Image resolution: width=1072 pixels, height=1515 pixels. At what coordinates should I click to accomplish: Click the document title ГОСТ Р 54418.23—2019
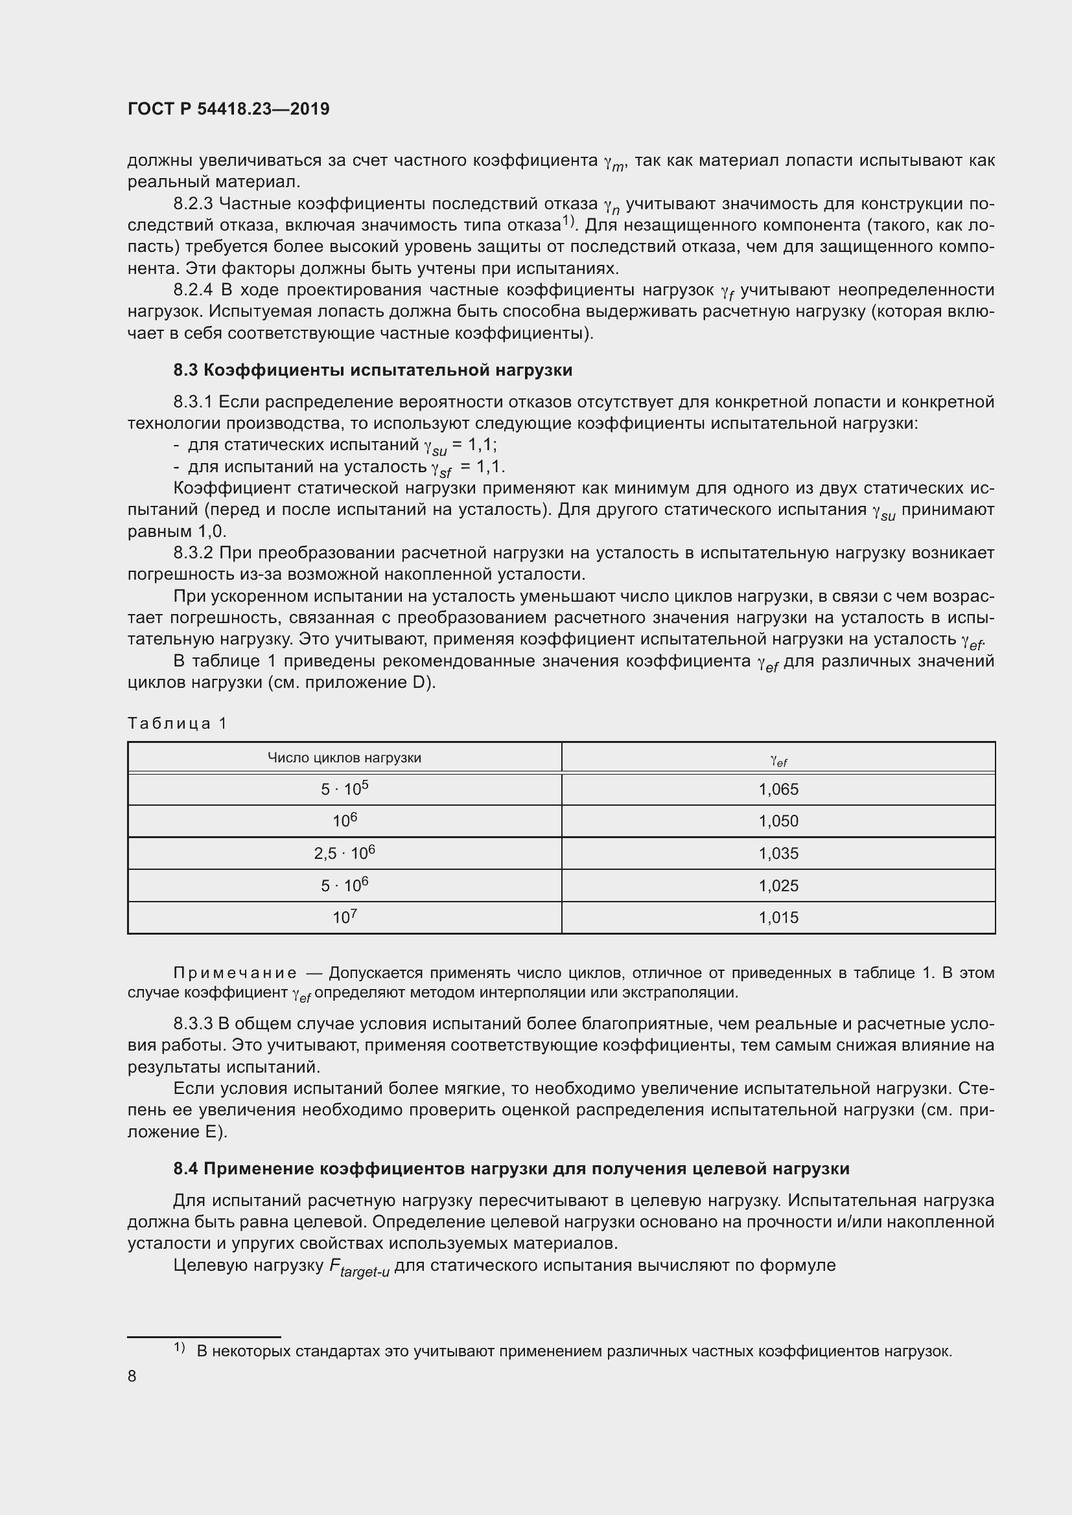(x=228, y=109)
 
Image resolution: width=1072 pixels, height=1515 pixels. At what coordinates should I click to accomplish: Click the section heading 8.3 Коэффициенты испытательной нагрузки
(x=372, y=370)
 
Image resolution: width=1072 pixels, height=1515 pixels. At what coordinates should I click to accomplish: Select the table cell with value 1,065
(x=778, y=789)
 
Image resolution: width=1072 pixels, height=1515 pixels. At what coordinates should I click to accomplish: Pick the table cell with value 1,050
(x=778, y=821)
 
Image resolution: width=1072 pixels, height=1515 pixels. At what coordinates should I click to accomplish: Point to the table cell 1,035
(x=778, y=854)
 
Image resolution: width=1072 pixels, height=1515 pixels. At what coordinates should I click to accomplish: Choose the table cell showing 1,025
(x=778, y=885)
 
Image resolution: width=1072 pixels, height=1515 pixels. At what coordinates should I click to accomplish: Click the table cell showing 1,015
(x=778, y=918)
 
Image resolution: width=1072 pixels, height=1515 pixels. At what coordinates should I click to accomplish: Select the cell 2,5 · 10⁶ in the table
(x=344, y=854)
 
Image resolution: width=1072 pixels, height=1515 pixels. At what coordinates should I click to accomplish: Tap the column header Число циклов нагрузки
(x=344, y=758)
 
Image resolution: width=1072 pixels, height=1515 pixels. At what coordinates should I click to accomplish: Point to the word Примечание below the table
(x=235, y=973)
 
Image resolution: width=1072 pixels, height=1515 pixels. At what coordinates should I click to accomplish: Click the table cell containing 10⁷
(x=344, y=918)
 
